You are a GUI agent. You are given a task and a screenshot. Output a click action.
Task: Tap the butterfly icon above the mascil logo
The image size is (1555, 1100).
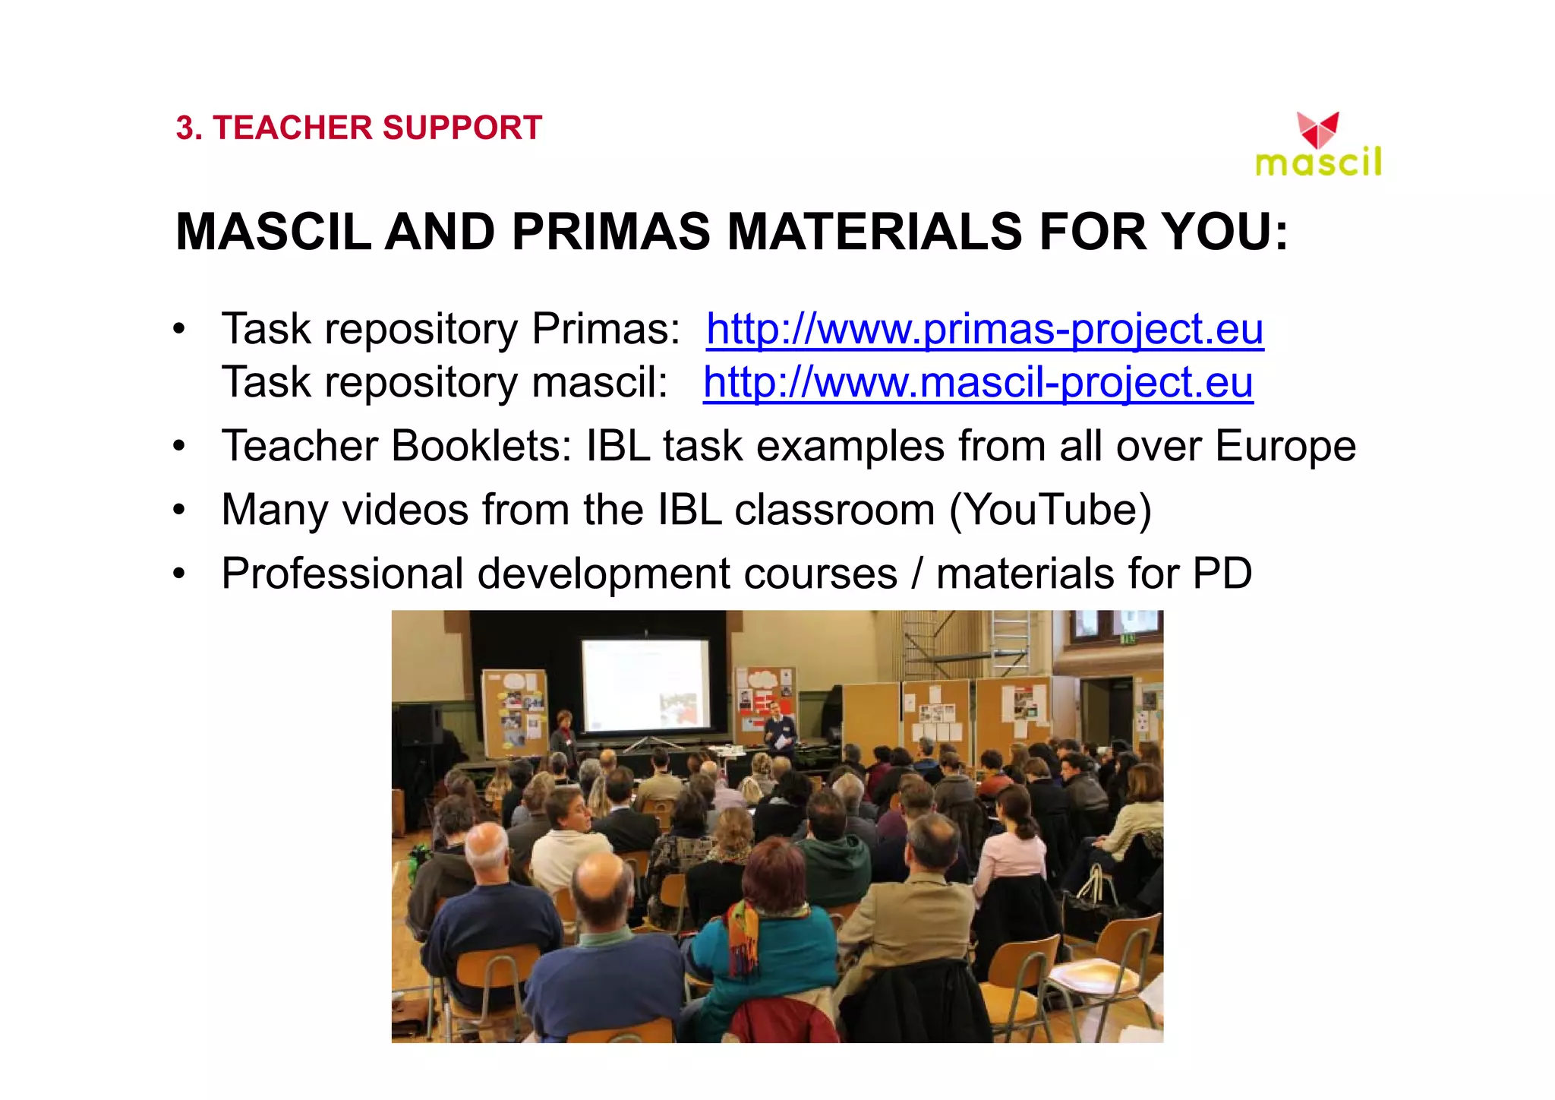coord(1317,130)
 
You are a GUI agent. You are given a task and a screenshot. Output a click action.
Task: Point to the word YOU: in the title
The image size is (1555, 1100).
coord(1225,231)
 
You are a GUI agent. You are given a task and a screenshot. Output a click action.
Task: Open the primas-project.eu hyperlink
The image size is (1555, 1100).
coord(985,329)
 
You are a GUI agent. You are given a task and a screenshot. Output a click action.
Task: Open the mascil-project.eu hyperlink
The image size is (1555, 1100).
coord(978,382)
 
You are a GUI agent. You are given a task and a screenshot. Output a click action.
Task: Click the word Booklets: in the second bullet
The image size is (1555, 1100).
coord(481,446)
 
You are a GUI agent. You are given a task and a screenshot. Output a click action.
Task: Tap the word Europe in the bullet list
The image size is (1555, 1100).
coord(1285,446)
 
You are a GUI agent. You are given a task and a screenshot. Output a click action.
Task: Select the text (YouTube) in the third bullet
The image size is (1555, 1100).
coord(1051,510)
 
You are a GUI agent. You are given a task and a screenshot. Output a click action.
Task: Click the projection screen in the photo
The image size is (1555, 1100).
coord(646,684)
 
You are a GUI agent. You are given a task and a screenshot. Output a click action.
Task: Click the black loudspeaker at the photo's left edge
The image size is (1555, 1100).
coord(418,725)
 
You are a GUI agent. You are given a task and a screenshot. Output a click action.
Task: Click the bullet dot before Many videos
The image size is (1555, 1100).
coord(178,510)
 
